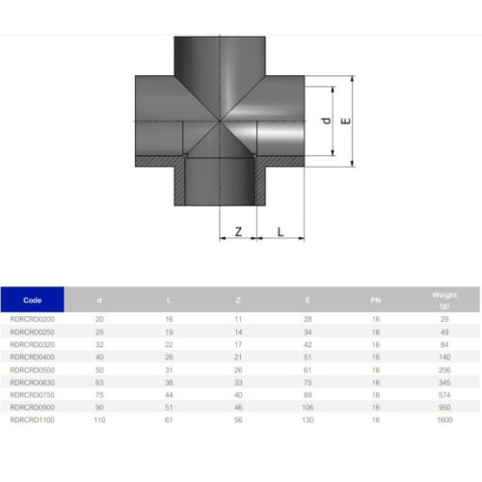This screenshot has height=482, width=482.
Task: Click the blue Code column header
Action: tap(33, 300)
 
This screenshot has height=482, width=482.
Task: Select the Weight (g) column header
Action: tap(444, 300)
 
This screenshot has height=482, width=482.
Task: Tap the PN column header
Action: tap(375, 300)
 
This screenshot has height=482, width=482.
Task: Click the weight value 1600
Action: tap(444, 419)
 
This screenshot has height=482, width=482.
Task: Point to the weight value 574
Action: tap(444, 394)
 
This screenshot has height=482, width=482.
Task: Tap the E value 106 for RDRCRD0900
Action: tap(308, 407)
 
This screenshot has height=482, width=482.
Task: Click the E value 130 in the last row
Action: tap(308, 419)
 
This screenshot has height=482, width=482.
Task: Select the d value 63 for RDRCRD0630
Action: tap(99, 382)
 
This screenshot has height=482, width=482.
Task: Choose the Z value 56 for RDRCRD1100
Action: tap(238, 419)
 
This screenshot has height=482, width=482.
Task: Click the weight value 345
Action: tap(444, 382)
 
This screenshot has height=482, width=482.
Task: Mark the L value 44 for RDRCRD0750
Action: tap(169, 394)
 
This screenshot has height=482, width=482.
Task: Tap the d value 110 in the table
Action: tap(99, 419)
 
